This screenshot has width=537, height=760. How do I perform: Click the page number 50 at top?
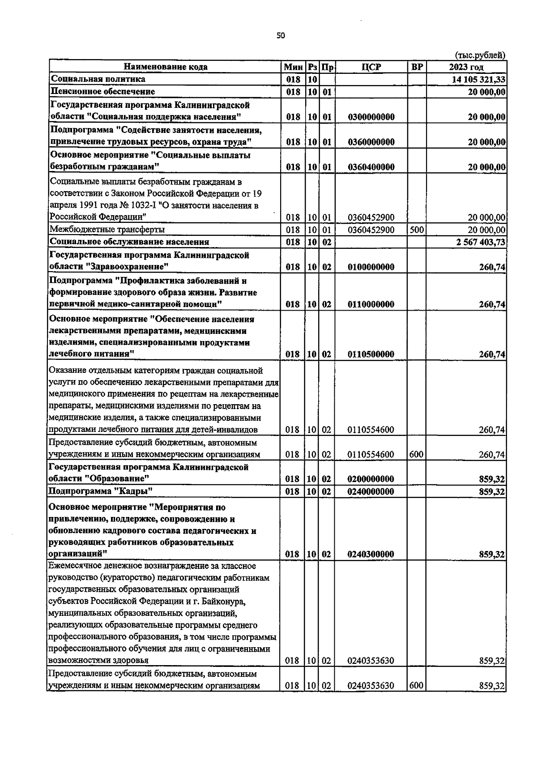(x=281, y=36)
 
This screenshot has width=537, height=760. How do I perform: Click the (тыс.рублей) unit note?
(x=480, y=56)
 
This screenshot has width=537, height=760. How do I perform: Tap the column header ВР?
(x=416, y=67)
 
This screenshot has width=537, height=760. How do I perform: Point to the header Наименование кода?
(x=165, y=67)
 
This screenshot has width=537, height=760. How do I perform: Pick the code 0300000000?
(x=371, y=117)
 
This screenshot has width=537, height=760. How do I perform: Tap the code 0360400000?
(x=371, y=167)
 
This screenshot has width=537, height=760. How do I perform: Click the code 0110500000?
(x=371, y=354)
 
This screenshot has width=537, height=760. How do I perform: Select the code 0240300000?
(x=371, y=555)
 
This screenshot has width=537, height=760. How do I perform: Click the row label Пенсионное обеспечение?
(x=102, y=92)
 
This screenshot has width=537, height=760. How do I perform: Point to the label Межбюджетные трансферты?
(x=107, y=230)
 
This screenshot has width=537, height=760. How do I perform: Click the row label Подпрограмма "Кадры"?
(x=101, y=491)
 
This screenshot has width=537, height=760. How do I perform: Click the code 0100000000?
(x=371, y=267)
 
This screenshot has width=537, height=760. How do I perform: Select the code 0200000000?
(x=371, y=479)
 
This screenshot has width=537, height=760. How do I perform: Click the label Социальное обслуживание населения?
(x=129, y=242)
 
